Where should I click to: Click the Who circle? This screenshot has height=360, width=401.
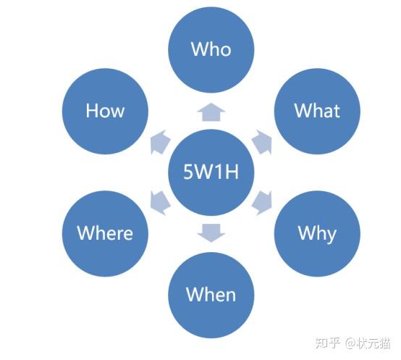pos(211,49)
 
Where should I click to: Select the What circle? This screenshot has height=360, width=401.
pos(317,111)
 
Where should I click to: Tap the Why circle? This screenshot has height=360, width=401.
pos(317,233)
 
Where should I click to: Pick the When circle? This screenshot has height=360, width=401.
pos(211,295)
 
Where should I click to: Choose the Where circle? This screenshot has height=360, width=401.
pos(105,233)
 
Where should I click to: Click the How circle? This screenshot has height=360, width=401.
pos(105,111)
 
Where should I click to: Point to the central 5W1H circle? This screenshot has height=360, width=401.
pos(211,172)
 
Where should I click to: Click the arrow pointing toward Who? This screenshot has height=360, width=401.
pos(211,112)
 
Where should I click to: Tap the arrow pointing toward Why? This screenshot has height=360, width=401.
pos(263,201)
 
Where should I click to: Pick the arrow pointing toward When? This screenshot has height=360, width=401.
pos(211,233)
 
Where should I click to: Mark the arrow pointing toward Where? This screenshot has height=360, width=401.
pos(159,201)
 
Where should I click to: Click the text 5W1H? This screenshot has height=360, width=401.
pos(211,172)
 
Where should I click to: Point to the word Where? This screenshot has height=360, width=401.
pos(105,233)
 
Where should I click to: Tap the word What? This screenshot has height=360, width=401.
pos(317,111)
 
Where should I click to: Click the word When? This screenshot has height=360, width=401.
pos(211,295)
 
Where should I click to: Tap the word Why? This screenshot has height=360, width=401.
pos(317,233)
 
